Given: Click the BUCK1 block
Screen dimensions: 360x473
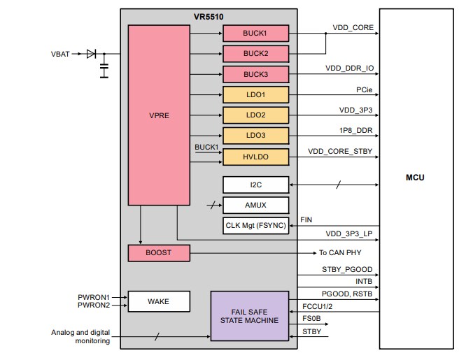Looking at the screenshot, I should click(255, 33).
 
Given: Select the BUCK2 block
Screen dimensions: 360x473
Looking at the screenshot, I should click(255, 53).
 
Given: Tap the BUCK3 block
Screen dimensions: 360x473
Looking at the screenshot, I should click(255, 74).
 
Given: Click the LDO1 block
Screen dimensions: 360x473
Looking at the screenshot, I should click(255, 94).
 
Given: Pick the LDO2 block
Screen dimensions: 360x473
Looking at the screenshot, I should click(255, 115).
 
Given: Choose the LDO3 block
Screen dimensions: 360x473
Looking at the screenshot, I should click(255, 136).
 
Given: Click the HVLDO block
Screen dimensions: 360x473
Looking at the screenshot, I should click(255, 157).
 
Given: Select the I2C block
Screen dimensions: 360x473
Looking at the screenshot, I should click(255, 185).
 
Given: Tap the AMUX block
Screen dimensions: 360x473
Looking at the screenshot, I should click(255, 205).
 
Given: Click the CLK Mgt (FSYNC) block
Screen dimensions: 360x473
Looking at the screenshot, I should click(255, 226).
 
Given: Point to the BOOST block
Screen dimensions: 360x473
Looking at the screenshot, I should click(159, 253).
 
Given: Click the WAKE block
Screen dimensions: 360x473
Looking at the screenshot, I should click(159, 301).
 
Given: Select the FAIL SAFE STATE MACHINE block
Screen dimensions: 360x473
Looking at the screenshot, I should click(249, 315).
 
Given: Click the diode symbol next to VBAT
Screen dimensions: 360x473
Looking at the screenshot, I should click(92, 54).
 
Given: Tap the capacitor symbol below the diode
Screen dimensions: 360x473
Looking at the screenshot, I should click(104, 69).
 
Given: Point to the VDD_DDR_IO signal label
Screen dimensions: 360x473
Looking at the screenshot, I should click(349, 69).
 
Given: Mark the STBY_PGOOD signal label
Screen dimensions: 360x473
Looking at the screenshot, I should click(346, 270).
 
